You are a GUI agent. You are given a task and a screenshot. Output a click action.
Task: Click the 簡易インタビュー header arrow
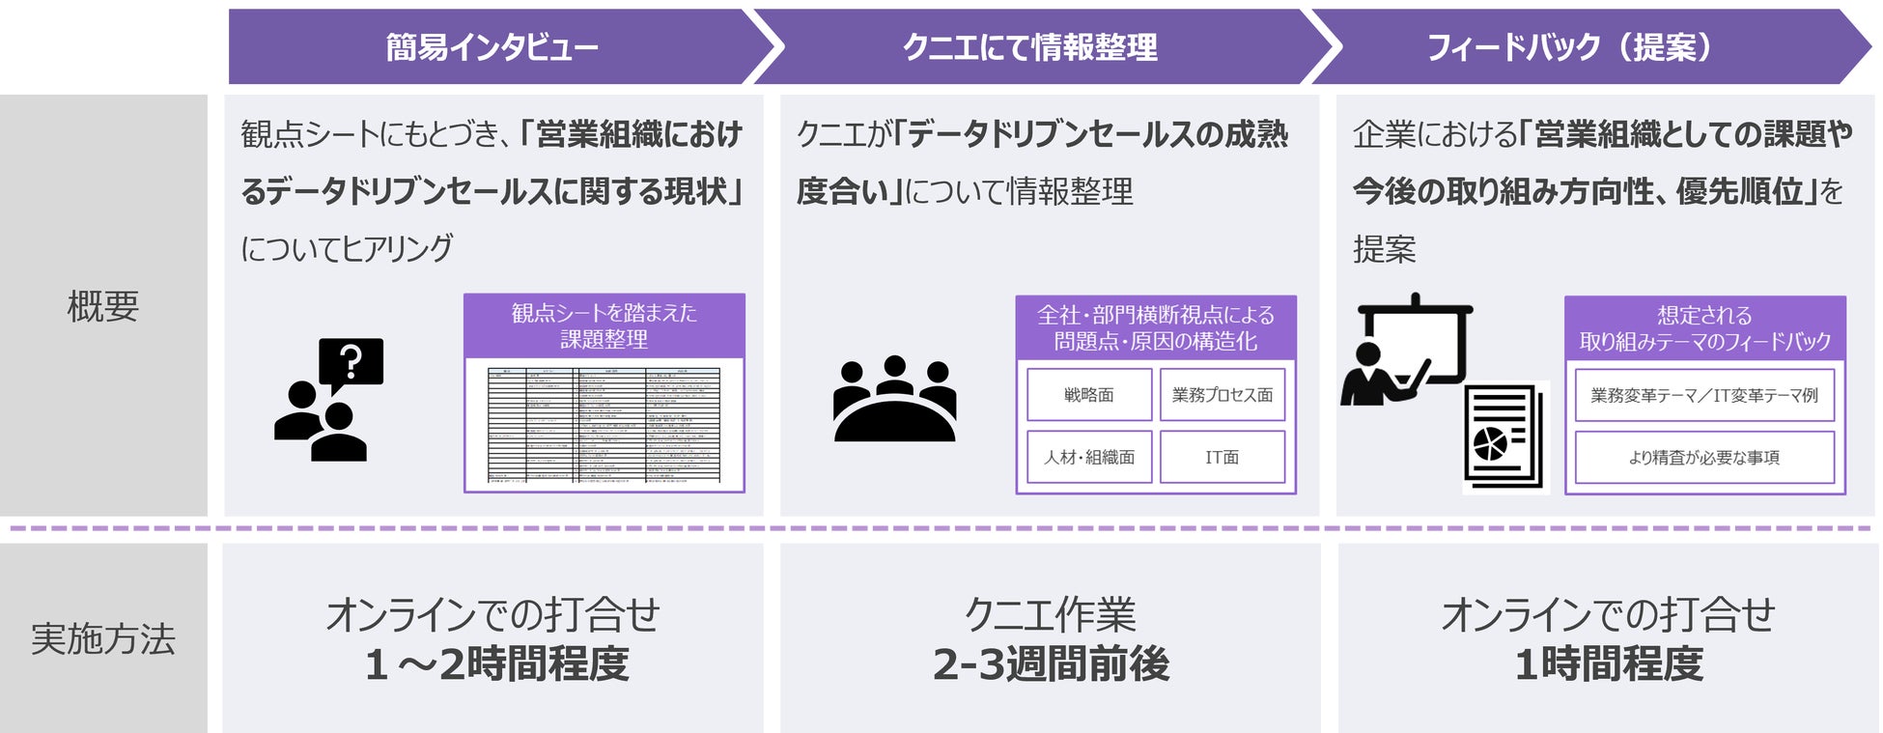pyautogui.click(x=492, y=46)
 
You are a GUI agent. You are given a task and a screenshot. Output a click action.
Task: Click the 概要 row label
pyautogui.click(x=103, y=306)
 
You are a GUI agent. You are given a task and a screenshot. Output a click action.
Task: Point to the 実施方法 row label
pyautogui.click(x=103, y=638)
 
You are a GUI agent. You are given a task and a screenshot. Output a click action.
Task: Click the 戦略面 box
pyautogui.click(x=1089, y=395)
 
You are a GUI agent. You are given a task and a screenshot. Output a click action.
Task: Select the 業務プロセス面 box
pyautogui.click(x=1223, y=395)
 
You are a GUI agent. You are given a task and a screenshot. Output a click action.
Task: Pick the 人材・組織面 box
pyautogui.click(x=1089, y=457)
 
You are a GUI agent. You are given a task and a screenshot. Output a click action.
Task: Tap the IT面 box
pyautogui.click(x=1223, y=457)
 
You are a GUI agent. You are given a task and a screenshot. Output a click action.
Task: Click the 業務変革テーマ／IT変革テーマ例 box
pyautogui.click(x=1704, y=395)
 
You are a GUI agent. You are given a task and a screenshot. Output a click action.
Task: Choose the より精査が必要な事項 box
pyautogui.click(x=1704, y=458)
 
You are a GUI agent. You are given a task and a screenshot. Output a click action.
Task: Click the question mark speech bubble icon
pyautogui.click(x=351, y=363)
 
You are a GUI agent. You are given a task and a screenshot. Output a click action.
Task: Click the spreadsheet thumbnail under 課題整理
pyautogui.click(x=604, y=424)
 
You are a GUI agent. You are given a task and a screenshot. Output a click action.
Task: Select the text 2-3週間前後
pyautogui.click(x=1051, y=664)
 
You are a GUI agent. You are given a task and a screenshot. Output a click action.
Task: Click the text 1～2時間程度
pyautogui.click(x=496, y=664)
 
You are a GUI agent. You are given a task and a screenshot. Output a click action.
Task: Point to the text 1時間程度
pyautogui.click(x=1609, y=664)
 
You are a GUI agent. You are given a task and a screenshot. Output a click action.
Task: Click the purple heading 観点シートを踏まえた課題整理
pyautogui.click(x=604, y=325)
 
